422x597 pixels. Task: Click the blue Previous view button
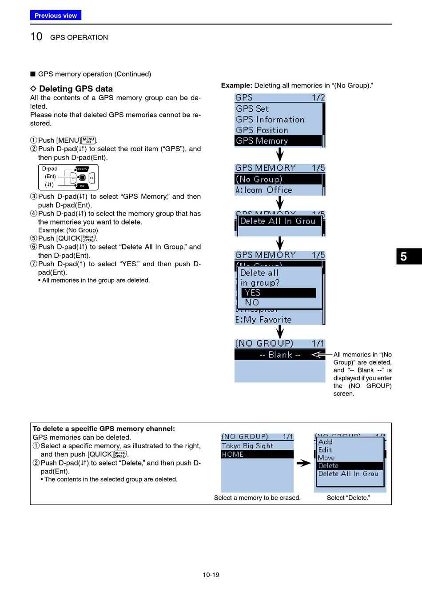click(56, 16)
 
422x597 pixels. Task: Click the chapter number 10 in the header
click(36, 37)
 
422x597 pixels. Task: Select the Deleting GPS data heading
click(76, 89)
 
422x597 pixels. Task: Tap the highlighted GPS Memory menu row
click(278, 141)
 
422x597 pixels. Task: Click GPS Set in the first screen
click(252, 109)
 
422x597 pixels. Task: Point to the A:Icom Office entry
click(264, 190)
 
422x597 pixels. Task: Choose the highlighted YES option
click(279, 292)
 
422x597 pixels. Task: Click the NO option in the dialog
click(252, 302)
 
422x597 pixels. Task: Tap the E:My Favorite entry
click(263, 320)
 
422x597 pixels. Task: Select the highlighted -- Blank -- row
click(280, 355)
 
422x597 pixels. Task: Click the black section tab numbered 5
click(409, 256)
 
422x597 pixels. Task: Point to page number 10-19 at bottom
click(211, 575)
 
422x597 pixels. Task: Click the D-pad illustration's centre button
click(82, 178)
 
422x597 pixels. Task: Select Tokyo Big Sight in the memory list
click(248, 446)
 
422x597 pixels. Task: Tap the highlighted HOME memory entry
click(257, 454)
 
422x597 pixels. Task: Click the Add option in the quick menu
click(326, 442)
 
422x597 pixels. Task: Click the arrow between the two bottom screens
click(304, 463)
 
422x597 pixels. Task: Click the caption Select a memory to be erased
click(257, 498)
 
